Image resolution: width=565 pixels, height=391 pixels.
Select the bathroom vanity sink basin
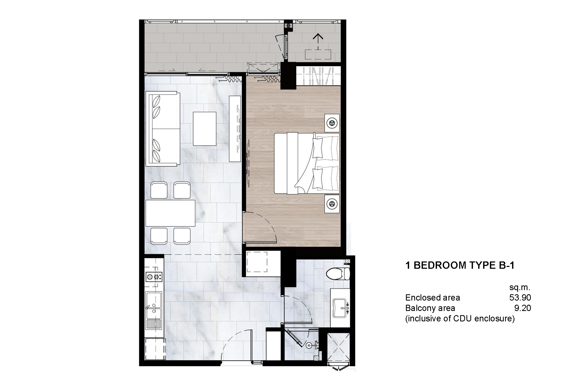click(x=340, y=307)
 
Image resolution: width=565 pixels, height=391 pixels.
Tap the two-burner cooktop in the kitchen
click(x=154, y=276)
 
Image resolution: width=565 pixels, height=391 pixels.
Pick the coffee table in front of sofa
click(x=204, y=129)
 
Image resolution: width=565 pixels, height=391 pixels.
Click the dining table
click(x=170, y=213)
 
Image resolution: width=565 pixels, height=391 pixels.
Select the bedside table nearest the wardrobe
click(x=332, y=123)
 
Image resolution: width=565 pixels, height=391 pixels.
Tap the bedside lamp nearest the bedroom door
click(x=332, y=204)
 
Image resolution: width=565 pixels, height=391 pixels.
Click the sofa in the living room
click(x=163, y=129)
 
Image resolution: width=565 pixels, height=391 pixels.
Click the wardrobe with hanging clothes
click(x=319, y=76)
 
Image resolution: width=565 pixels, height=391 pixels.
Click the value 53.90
click(x=520, y=297)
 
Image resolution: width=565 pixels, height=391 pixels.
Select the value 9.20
click(x=522, y=308)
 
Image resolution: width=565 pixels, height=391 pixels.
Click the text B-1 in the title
click(x=505, y=265)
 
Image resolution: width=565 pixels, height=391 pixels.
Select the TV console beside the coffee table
click(x=235, y=129)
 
